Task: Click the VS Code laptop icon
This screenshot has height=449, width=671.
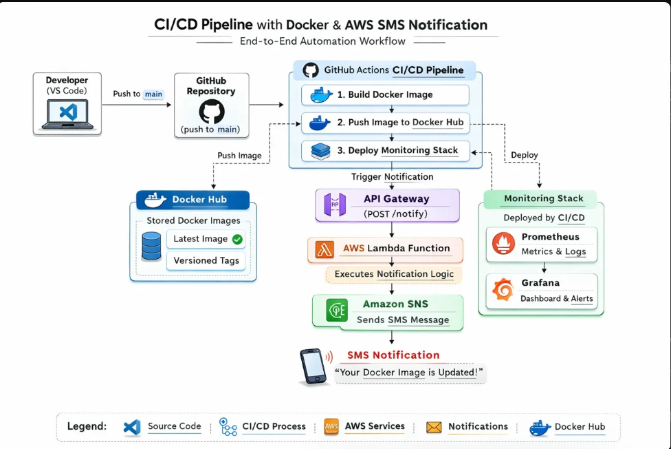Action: (x=67, y=114)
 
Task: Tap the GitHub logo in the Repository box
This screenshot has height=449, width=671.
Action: (x=212, y=112)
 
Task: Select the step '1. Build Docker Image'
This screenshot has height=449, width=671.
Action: (x=385, y=95)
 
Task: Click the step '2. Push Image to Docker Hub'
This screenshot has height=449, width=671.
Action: (x=385, y=123)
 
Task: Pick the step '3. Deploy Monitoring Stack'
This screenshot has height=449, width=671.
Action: (x=385, y=150)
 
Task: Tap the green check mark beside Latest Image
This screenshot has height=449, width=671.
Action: (x=238, y=239)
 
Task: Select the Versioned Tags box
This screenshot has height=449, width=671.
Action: (x=206, y=260)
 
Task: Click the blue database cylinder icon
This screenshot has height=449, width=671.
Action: (x=151, y=246)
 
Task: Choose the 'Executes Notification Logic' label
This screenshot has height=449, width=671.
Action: (x=394, y=274)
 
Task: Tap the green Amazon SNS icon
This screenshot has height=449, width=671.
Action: (x=336, y=311)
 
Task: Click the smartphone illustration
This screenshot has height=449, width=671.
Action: (x=313, y=366)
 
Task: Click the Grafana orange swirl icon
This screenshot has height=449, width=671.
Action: (x=503, y=291)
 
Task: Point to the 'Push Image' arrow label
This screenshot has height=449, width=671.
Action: (x=239, y=156)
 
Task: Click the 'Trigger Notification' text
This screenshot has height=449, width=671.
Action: (x=392, y=177)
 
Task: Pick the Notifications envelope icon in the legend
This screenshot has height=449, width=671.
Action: (x=434, y=427)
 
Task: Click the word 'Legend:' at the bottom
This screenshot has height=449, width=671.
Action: (x=87, y=426)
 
